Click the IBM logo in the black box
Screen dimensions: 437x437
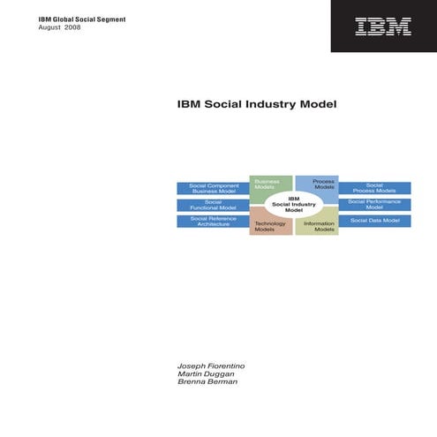tap(383, 26)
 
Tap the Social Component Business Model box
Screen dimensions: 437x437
tap(213, 188)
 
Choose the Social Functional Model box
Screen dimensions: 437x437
tap(213, 205)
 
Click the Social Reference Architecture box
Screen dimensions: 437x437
tap(213, 222)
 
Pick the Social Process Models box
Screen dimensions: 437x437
tap(374, 188)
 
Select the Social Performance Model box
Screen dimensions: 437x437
tap(374, 205)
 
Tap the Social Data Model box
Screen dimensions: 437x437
tap(374, 221)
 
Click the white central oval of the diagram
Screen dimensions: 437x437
tap(294, 205)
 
